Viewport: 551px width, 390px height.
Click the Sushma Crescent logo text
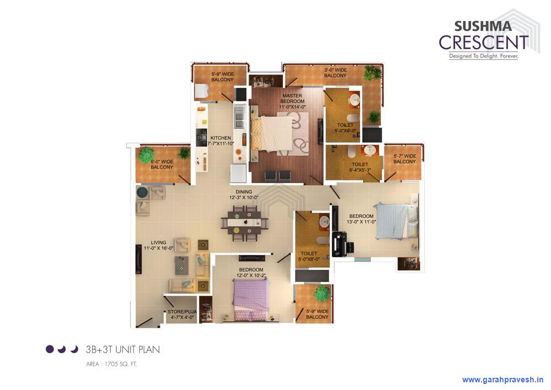(x=483, y=35)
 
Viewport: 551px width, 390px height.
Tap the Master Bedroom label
(x=292, y=99)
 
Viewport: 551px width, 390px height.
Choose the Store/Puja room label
(x=182, y=315)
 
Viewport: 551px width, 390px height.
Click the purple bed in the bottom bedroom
(x=250, y=295)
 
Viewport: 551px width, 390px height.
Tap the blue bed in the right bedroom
(x=392, y=221)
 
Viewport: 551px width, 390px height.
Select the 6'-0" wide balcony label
(x=162, y=164)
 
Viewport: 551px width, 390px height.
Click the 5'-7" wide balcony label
(x=404, y=159)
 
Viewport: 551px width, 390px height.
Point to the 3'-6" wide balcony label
(x=335, y=73)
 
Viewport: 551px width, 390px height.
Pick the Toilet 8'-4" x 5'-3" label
(x=360, y=167)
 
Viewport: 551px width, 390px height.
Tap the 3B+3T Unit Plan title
(x=122, y=349)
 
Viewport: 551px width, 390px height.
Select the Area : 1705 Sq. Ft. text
(x=111, y=364)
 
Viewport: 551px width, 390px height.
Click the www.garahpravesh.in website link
(x=503, y=380)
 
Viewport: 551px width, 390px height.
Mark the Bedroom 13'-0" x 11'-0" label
(x=361, y=219)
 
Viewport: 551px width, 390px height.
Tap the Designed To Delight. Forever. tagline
(x=483, y=56)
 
